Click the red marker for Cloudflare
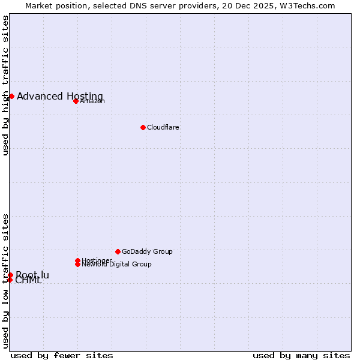(x=143, y=127)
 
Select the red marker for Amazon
(x=76, y=101)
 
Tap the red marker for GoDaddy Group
(x=118, y=251)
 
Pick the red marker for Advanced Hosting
(x=11, y=96)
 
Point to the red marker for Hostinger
(x=77, y=260)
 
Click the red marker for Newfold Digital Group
(x=77, y=264)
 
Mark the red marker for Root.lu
(x=10, y=275)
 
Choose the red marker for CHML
(x=10, y=280)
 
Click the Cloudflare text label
(x=163, y=127)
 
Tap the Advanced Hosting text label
(x=60, y=96)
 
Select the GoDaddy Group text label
(x=147, y=251)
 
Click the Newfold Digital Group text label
(x=117, y=265)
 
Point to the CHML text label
(x=29, y=281)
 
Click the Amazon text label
(x=92, y=101)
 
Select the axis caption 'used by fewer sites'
(x=62, y=355)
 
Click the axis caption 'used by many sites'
(x=301, y=355)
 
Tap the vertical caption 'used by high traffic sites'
(x=5, y=85)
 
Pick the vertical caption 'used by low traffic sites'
(x=5, y=281)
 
